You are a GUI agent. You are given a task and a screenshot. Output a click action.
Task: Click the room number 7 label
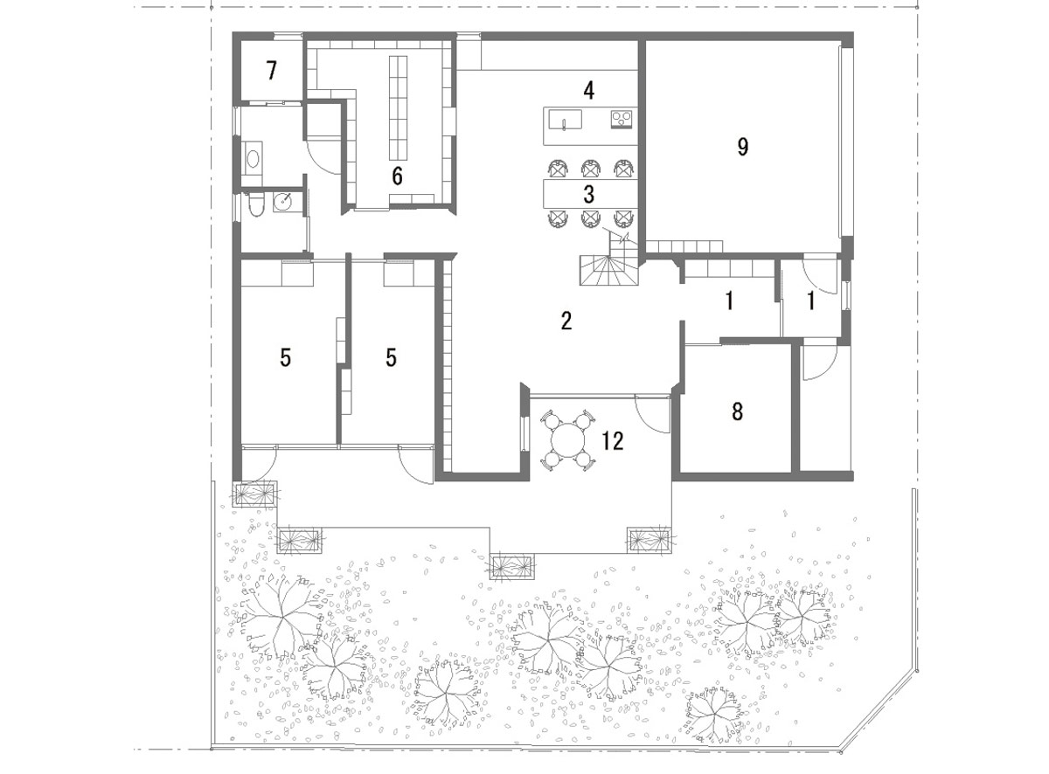[x=271, y=71]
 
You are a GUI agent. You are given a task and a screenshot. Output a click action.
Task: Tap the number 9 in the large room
[x=743, y=147]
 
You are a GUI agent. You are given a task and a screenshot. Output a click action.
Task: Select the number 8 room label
[x=737, y=411]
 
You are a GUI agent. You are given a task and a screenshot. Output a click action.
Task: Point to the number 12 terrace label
[x=613, y=440]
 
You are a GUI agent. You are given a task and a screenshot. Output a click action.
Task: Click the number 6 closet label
[x=397, y=176]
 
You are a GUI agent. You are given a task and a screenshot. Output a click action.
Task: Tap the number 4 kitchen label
[x=588, y=90]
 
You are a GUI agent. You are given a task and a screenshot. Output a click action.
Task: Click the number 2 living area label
[x=566, y=321]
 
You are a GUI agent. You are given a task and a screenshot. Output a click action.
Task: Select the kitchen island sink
[x=565, y=119]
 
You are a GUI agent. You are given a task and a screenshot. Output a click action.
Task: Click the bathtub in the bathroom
[x=253, y=158]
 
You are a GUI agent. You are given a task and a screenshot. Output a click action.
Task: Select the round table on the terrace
[x=568, y=440]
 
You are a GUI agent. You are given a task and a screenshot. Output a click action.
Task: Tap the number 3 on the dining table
[x=588, y=194]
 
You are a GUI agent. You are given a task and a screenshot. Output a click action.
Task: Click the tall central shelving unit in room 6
[x=398, y=108]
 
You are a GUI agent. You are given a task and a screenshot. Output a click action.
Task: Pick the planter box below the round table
[x=513, y=566]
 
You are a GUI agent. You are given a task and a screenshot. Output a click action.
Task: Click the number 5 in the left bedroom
[x=285, y=357]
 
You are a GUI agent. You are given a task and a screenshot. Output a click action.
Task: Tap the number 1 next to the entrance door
[x=810, y=301]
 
